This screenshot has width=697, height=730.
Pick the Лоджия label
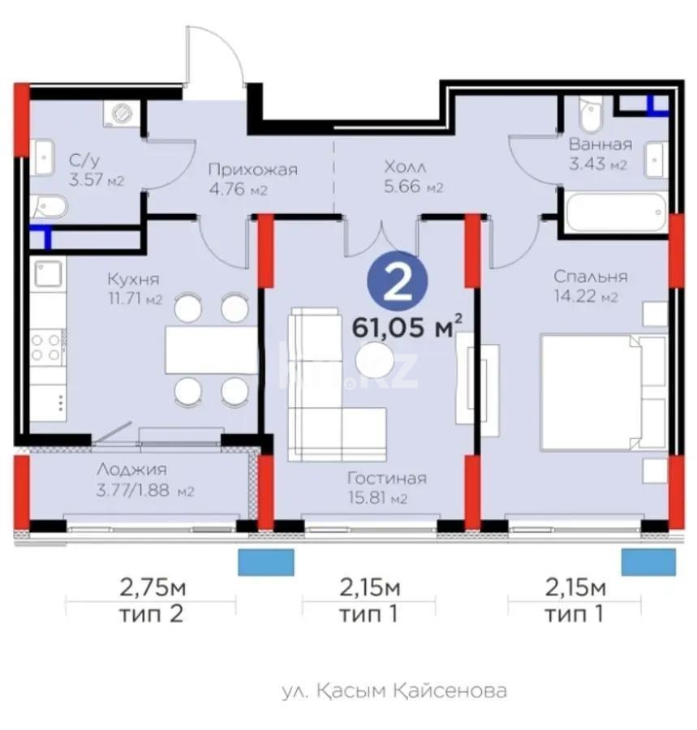click(x=131, y=470)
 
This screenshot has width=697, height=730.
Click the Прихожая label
click(x=252, y=170)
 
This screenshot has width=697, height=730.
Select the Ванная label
click(x=600, y=145)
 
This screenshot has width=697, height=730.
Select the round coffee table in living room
click(x=375, y=359)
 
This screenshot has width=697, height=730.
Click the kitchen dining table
click(x=211, y=349)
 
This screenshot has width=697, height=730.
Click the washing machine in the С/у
click(x=123, y=114)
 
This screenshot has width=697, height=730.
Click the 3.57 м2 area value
click(x=97, y=180)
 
